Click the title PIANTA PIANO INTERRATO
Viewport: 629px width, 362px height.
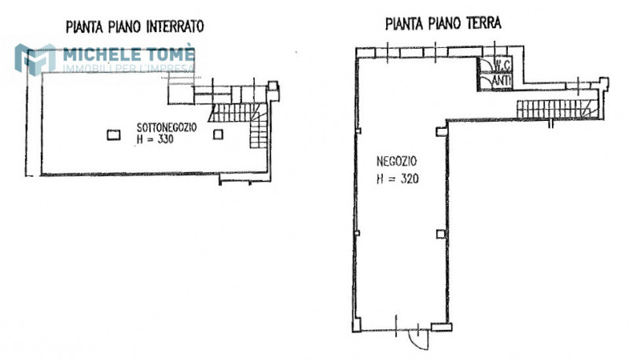[x=134, y=27]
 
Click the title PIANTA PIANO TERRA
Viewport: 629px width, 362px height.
[x=443, y=24]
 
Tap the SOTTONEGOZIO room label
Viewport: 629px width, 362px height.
[x=167, y=128]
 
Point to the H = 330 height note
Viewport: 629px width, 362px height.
[x=155, y=139]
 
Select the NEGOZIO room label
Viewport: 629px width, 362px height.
[x=396, y=162]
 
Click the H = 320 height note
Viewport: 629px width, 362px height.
[x=398, y=178]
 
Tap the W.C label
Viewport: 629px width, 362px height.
[x=502, y=64]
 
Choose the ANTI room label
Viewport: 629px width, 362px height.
[x=502, y=80]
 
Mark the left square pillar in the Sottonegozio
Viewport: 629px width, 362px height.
[x=113, y=134]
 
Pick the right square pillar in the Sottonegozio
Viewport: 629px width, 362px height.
[x=218, y=134]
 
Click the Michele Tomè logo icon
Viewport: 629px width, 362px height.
[x=35, y=60]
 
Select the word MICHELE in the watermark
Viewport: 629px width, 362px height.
[x=102, y=54]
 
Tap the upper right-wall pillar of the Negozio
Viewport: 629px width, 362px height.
[x=441, y=131]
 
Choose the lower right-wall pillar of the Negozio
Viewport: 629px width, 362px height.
[x=440, y=234]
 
